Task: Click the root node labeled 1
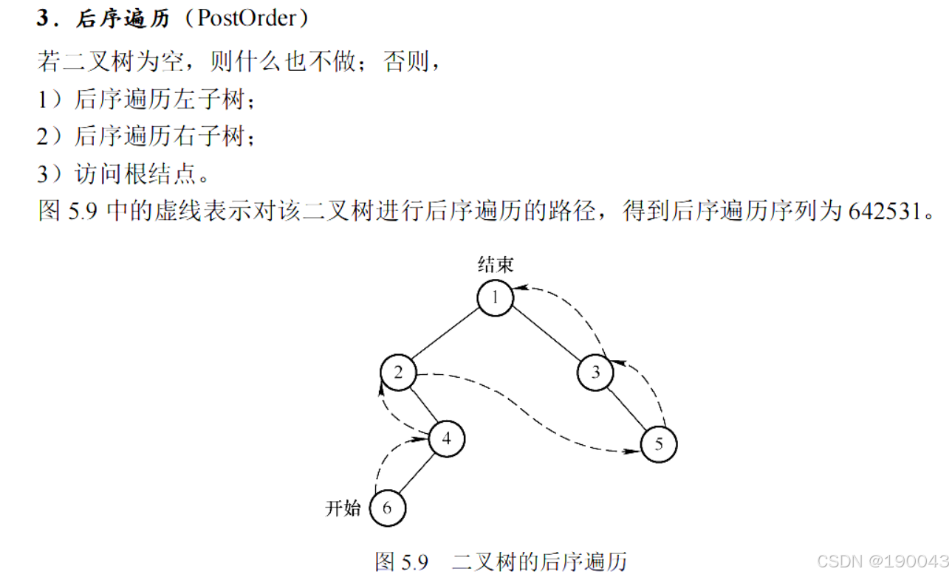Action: coord(495,297)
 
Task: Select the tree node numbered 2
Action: coord(399,372)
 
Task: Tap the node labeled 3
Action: coord(596,372)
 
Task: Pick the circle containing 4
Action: coord(446,438)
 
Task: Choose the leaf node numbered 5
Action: coord(658,444)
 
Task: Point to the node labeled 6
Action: coord(388,508)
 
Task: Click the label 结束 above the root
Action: coord(495,264)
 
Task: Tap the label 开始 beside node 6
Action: coord(343,508)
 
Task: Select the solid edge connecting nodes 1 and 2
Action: coord(447,334)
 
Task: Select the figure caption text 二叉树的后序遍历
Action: coord(540,562)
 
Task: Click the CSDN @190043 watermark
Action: coord(894,562)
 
